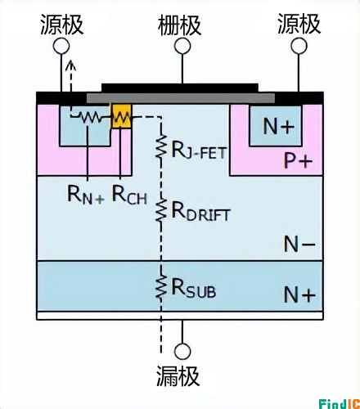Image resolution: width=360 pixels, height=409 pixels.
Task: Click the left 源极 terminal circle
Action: (x=61, y=46)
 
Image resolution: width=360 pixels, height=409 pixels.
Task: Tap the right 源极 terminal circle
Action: (x=299, y=46)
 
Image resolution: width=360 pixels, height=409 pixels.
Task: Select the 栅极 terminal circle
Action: (x=182, y=46)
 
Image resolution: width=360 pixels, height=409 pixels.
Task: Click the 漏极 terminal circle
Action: (x=182, y=352)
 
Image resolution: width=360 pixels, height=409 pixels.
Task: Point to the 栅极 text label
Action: (x=179, y=25)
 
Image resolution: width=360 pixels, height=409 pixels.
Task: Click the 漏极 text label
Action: (x=178, y=375)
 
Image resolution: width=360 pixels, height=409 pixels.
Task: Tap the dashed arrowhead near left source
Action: (x=71, y=65)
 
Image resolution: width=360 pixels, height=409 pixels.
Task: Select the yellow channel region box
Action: (x=121, y=116)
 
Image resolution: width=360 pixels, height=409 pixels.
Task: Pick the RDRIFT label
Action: (x=200, y=212)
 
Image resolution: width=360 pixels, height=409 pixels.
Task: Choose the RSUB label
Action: (x=194, y=288)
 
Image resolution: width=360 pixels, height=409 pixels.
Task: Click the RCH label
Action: (x=129, y=195)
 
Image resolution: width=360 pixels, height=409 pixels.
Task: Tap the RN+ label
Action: (x=86, y=195)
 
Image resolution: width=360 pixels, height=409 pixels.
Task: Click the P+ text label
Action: (x=298, y=161)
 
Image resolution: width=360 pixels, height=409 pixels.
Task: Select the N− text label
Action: (x=299, y=245)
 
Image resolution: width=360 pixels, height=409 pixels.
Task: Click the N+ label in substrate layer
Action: (x=299, y=294)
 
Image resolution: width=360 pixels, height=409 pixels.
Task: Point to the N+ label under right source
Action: (x=279, y=126)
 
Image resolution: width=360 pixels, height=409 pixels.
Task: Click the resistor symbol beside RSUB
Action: (x=161, y=285)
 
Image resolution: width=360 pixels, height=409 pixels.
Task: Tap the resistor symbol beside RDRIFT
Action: (x=161, y=210)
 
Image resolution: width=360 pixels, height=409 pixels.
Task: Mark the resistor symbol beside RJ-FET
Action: (x=161, y=146)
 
